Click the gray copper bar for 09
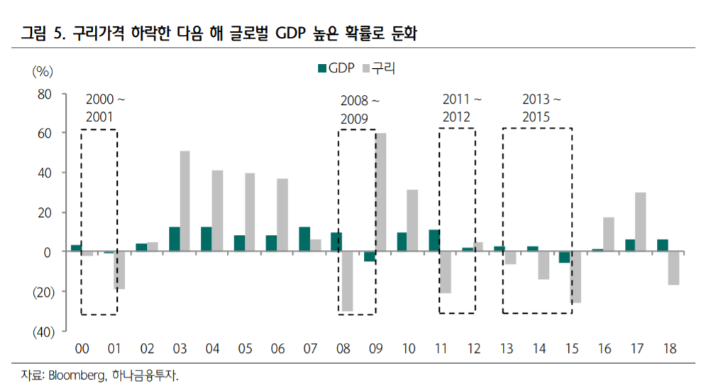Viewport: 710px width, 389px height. [x=381, y=192]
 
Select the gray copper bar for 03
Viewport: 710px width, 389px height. [x=184, y=202]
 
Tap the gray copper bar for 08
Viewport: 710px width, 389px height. [x=347, y=281]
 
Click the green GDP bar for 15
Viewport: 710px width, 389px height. [x=564, y=257]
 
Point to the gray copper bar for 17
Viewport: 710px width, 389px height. [x=640, y=222]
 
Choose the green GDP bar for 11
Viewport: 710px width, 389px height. [x=435, y=241]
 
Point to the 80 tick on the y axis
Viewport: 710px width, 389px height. [x=45, y=94]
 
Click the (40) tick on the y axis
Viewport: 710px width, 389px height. [x=40, y=331]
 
